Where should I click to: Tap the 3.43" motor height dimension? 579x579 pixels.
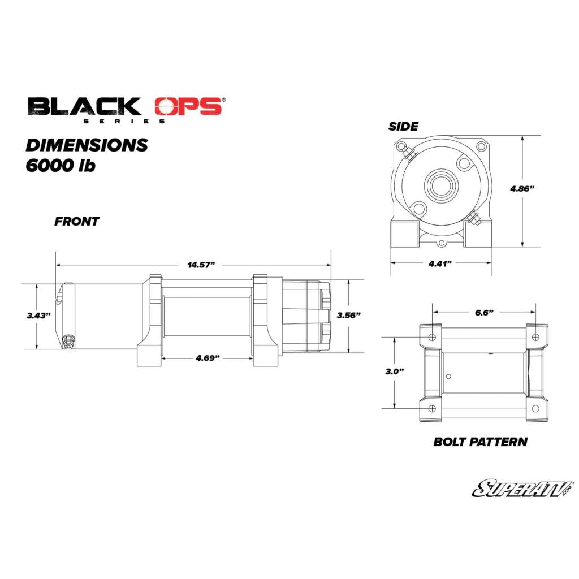tap(38, 316)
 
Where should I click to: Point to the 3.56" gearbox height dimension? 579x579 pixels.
tap(348, 316)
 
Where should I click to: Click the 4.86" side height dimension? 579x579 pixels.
tap(522, 189)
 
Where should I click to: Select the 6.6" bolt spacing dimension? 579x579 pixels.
tap(483, 312)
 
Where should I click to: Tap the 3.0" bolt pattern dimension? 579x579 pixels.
tap(395, 371)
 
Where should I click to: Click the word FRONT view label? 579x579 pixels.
tap(76, 222)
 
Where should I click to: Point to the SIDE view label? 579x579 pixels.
tap(403, 126)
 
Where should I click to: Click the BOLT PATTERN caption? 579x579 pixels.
tap(480, 442)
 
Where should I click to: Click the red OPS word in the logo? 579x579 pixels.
tap(188, 107)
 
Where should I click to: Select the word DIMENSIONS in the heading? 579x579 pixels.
tap(87, 145)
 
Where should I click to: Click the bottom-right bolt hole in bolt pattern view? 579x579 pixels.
tap(535, 408)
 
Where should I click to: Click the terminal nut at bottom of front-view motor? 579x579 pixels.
tap(68, 340)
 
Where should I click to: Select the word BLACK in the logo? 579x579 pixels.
tap(84, 106)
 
